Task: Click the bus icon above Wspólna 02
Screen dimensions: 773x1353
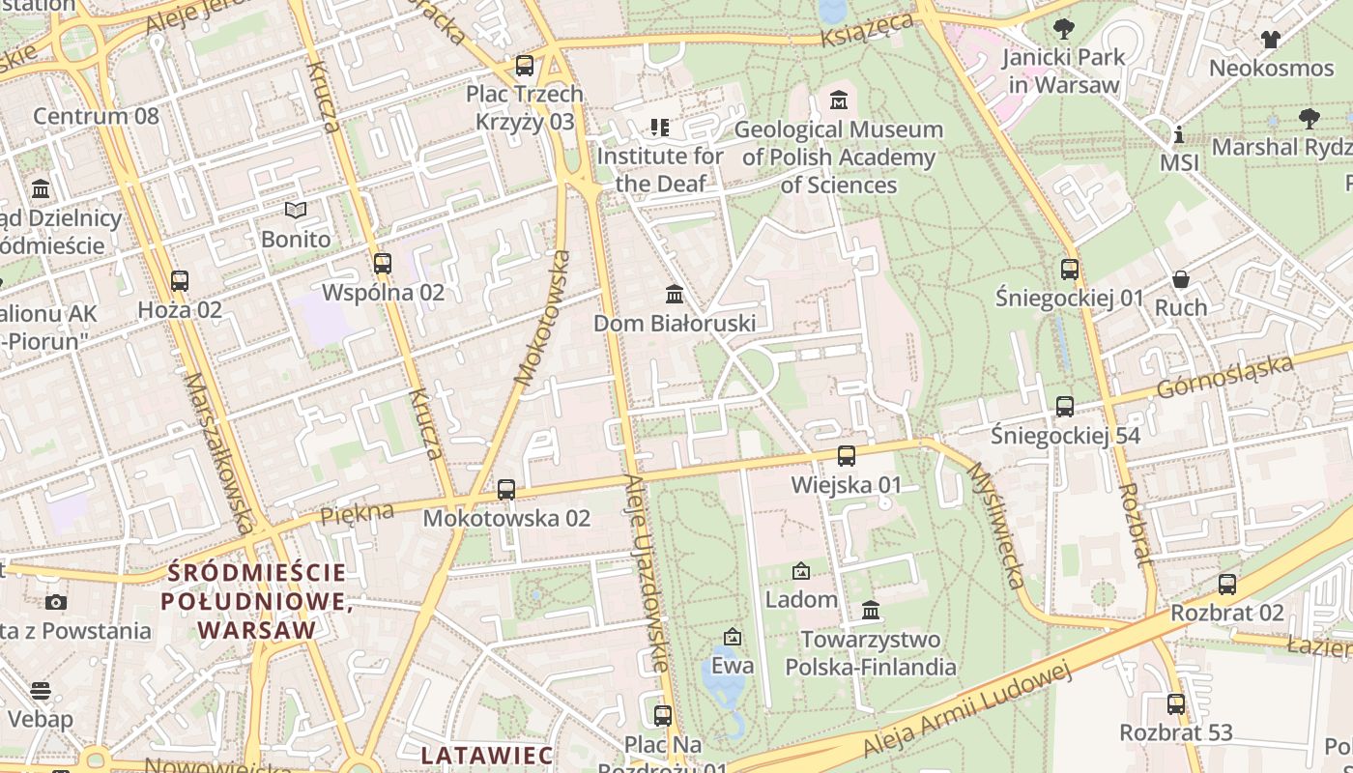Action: click(382, 263)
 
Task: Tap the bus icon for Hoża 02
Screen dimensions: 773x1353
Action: click(180, 281)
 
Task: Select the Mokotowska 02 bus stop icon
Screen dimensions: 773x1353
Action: click(506, 490)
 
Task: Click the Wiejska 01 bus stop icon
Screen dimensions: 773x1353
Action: click(847, 455)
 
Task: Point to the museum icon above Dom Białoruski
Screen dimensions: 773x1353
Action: click(675, 294)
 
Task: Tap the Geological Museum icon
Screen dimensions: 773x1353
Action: click(838, 100)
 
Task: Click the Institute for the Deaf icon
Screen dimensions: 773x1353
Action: click(660, 127)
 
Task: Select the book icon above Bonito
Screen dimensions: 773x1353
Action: click(296, 210)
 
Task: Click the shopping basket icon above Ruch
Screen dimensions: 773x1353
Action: click(1181, 279)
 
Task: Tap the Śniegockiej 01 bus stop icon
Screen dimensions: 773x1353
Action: click(1069, 269)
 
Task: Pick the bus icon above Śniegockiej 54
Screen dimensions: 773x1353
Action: click(1064, 407)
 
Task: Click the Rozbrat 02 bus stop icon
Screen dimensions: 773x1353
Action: click(1227, 584)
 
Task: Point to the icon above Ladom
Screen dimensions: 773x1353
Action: click(800, 571)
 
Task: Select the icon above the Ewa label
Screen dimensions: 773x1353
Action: click(733, 637)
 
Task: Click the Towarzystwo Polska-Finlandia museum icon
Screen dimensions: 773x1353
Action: click(871, 611)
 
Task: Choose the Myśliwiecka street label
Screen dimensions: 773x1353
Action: click(994, 525)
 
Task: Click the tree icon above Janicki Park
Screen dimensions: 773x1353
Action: click(1064, 28)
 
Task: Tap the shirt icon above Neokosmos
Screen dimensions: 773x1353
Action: click(1270, 40)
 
